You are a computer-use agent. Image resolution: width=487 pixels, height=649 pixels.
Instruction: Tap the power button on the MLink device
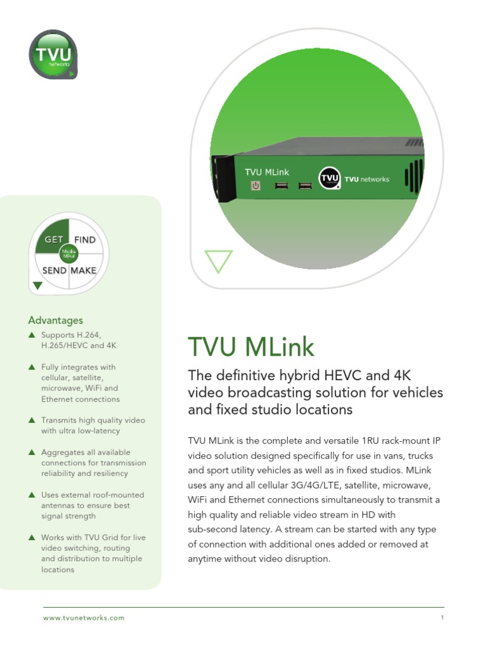256,186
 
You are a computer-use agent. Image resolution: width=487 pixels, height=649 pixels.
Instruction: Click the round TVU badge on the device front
330,178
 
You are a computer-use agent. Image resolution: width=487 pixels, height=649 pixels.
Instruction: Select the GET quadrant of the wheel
53,240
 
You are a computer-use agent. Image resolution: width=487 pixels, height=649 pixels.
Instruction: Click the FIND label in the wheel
85,240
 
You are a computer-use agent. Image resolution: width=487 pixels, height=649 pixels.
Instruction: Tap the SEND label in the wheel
54,271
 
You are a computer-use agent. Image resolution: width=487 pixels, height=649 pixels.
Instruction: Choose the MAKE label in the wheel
84,271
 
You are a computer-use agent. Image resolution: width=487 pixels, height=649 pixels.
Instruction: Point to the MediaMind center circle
68,254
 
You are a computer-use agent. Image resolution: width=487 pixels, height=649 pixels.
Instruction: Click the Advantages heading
55,321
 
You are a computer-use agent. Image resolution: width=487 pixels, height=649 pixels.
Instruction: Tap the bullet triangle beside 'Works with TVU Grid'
32,537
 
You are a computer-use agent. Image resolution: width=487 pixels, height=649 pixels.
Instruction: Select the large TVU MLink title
251,347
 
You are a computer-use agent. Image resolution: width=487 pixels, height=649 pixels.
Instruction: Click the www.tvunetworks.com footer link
84,618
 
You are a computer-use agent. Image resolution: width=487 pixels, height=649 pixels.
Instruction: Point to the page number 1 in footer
441,618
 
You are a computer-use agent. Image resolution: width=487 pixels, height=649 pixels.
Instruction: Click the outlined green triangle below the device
218,260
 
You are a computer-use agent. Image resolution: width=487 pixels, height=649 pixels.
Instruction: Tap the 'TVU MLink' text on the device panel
267,172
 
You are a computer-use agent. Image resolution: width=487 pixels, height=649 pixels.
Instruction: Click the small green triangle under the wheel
37,285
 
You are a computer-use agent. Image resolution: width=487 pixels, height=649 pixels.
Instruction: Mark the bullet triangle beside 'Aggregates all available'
32,453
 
